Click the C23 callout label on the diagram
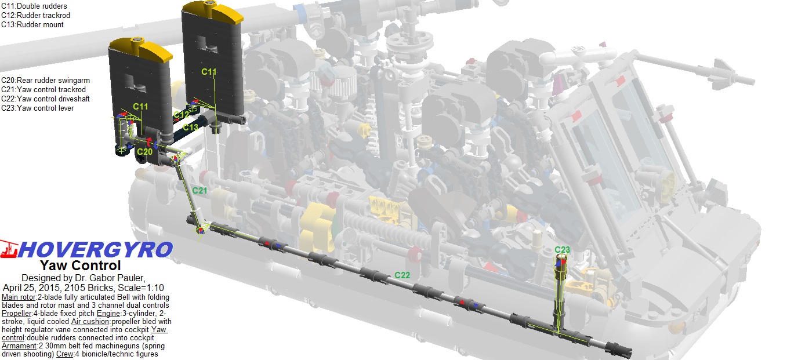562,250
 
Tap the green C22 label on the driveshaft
402,275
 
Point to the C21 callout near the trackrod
200,190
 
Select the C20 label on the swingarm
145,151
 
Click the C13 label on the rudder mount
190,127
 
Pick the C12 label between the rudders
182,115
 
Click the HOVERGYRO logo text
96,250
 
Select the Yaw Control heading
81,266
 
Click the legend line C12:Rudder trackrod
36,16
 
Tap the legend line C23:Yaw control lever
38,108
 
